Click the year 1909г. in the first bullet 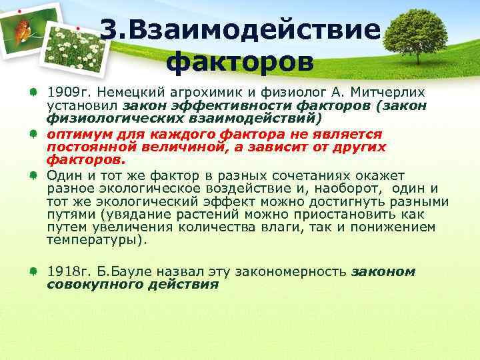click(x=68, y=90)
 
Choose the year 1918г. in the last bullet click(x=68, y=272)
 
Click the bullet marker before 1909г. click(x=33, y=91)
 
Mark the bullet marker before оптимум click(x=33, y=133)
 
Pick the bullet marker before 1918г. click(x=33, y=272)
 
